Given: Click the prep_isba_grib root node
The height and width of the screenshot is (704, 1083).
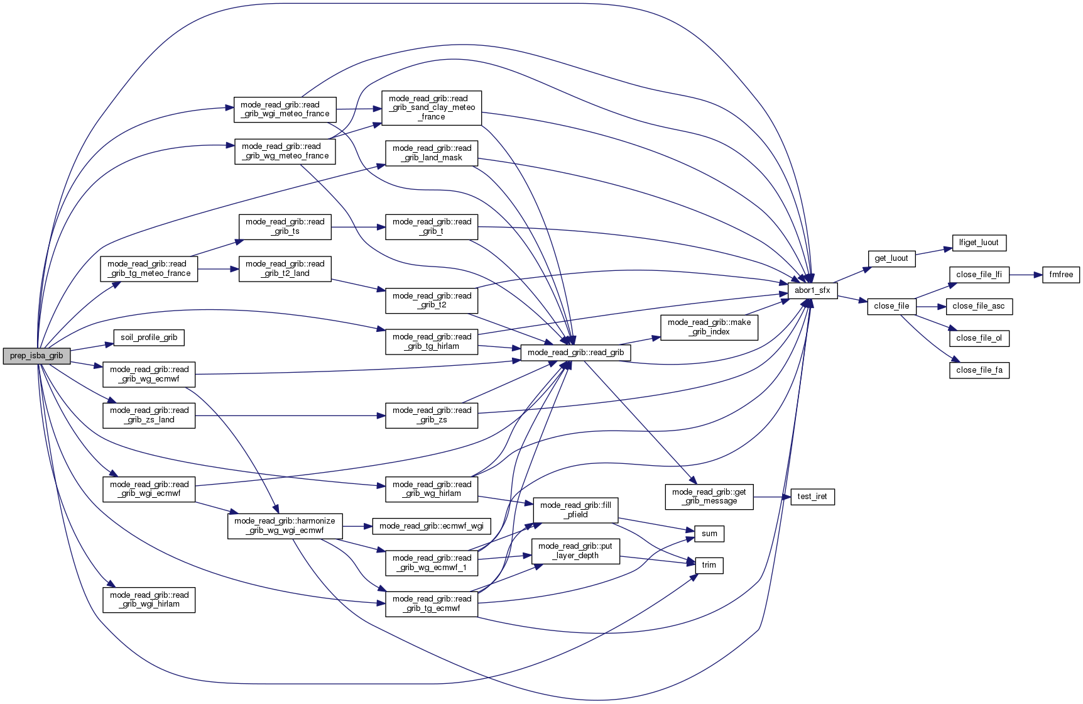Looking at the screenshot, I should point(36,356).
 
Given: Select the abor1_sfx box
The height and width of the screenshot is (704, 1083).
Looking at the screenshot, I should point(812,290).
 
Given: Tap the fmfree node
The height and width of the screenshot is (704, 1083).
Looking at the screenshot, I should point(1061,275).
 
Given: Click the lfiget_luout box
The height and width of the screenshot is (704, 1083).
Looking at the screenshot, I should point(979,243).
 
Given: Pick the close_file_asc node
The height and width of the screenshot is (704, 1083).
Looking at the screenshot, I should point(979,306).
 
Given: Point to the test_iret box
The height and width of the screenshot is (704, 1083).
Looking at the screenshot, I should point(812,497).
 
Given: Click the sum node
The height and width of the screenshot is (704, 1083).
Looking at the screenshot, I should point(709,534).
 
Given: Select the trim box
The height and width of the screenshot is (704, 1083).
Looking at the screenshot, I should point(709,565).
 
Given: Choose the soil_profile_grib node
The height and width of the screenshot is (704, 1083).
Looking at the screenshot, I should point(149,338).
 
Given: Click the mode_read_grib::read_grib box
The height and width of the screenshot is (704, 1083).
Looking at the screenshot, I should point(575,353).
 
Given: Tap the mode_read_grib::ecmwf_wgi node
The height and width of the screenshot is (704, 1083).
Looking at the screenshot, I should point(432,526).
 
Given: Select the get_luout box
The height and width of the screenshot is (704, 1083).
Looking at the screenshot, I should point(891,258).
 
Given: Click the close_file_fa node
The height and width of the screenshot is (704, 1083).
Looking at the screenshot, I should point(979,370).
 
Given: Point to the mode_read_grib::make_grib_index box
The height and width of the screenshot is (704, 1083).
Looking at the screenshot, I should point(709,327).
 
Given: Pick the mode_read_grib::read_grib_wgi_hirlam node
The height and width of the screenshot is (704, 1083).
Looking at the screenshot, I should point(149,600).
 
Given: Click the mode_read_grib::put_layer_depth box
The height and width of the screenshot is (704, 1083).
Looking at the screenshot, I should point(575,551).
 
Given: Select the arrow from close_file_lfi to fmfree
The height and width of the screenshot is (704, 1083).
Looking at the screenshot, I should point(1026,275).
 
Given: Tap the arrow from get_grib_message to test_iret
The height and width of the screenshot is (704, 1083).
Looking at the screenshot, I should point(771,497).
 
